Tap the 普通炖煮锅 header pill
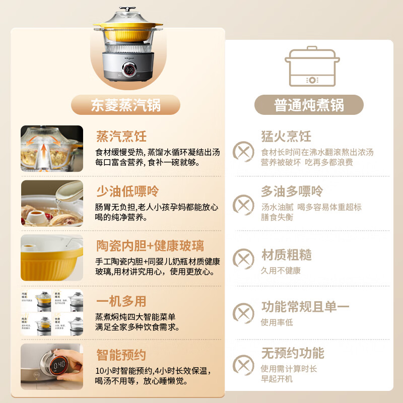(x=309, y=105)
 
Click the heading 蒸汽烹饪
(x=121, y=136)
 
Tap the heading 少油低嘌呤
(x=127, y=191)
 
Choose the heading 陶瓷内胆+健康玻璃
(x=150, y=246)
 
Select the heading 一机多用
(x=121, y=301)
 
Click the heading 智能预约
(x=121, y=355)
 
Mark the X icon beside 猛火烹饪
(x=244, y=151)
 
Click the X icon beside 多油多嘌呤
(x=244, y=206)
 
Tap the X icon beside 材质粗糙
(x=244, y=259)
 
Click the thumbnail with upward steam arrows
(x=52, y=149)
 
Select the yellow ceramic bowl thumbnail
(x=52, y=257)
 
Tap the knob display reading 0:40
(x=59, y=363)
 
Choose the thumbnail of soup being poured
(x=52, y=204)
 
